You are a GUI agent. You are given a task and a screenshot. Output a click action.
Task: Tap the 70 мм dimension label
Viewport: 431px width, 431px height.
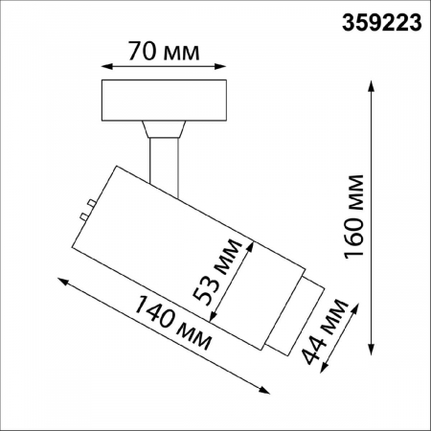tap(164, 51)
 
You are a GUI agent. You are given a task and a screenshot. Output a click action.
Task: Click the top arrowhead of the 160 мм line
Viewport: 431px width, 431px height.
tap(372, 83)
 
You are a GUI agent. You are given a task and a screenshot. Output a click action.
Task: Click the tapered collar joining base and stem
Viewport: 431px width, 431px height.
tap(162, 127)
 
